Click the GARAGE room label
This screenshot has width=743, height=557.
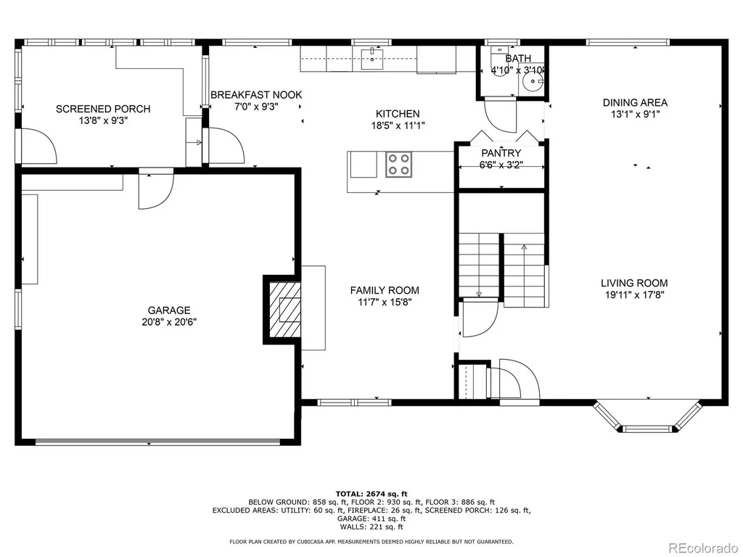[x=169, y=310]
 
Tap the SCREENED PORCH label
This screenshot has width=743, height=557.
[x=103, y=109]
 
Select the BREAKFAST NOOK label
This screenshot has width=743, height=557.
[x=256, y=95]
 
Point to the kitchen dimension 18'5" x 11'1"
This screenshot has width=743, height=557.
[x=398, y=125]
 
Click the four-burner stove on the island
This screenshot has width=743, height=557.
[x=398, y=165]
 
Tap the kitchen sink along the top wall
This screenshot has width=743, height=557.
[x=371, y=59]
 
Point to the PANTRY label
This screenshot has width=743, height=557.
[x=501, y=153]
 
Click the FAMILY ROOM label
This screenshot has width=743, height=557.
[x=385, y=290]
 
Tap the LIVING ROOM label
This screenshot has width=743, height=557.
[x=634, y=284]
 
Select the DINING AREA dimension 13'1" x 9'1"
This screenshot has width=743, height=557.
[x=635, y=114]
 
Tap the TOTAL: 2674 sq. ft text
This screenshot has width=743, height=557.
[x=371, y=494]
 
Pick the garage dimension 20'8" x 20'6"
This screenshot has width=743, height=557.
[x=169, y=322]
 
